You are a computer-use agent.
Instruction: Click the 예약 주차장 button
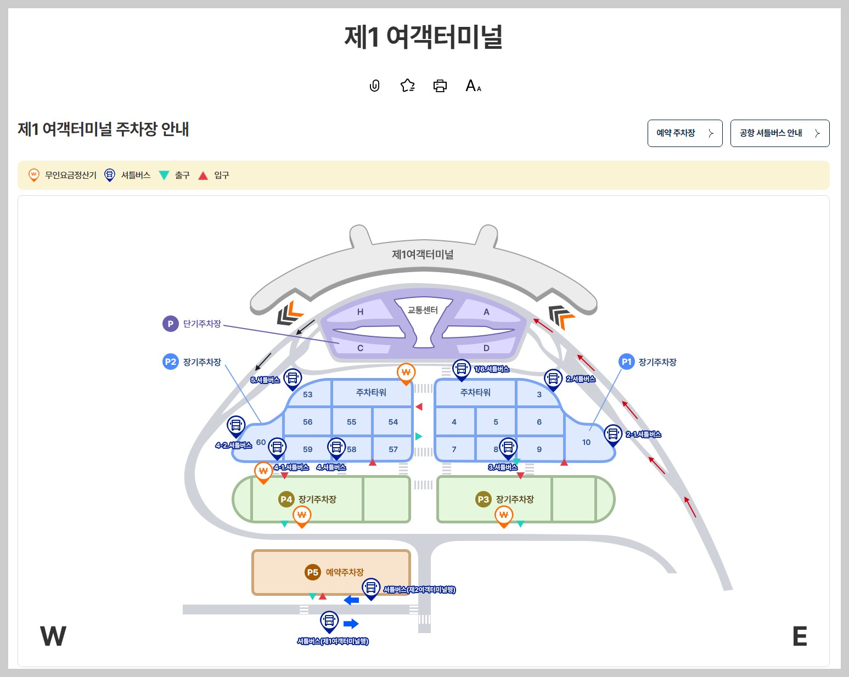[x=684, y=133]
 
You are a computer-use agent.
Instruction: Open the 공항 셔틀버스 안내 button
[x=779, y=133]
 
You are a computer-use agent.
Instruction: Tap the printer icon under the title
[x=440, y=86]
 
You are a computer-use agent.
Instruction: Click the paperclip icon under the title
[x=375, y=86]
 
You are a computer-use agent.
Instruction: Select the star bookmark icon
[x=407, y=86]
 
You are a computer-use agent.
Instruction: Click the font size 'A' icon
[x=473, y=86]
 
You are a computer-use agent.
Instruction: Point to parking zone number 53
[x=307, y=394]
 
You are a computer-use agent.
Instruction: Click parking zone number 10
[x=586, y=442]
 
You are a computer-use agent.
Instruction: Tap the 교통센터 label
[x=423, y=310]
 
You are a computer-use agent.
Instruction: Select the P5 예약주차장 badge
[x=312, y=572]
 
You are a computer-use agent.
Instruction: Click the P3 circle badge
[x=483, y=499]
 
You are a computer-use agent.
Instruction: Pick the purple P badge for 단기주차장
[x=170, y=324]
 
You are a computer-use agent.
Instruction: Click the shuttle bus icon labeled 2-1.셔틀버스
[x=612, y=434]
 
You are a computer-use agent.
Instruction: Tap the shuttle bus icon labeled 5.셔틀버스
[x=293, y=378]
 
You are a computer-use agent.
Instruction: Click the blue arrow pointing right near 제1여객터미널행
[x=351, y=624]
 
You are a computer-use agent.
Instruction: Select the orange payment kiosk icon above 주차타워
[x=406, y=373]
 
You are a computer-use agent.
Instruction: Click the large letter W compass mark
[x=53, y=636]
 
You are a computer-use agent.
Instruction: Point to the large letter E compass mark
[x=800, y=636]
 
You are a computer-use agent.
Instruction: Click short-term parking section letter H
[x=360, y=312]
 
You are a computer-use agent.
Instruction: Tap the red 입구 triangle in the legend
[x=203, y=176]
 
